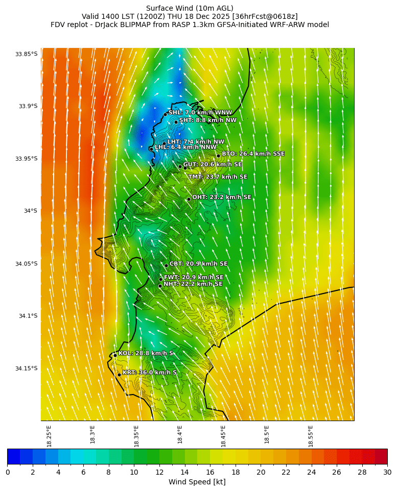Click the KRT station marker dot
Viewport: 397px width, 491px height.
coord(119,375)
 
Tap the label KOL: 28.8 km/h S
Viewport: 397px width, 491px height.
coord(146,353)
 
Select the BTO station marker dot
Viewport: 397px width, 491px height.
coord(218,156)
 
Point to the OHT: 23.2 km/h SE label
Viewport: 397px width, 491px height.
coord(222,197)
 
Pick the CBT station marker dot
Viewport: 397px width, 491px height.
coord(166,265)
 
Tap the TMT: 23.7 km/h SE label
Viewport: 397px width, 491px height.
coord(218,177)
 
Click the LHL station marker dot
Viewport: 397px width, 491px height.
coord(151,149)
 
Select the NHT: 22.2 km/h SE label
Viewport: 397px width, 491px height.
coord(193,284)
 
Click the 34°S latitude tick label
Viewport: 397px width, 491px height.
coord(30,211)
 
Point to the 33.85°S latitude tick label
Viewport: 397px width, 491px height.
coord(26,54)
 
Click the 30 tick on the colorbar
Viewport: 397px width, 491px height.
coord(387,472)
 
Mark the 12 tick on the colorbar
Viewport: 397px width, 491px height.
coord(159,472)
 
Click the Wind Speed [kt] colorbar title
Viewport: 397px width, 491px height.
coord(197,482)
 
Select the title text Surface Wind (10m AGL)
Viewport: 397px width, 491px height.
coord(190,8)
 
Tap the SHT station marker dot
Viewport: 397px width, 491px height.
coord(176,122)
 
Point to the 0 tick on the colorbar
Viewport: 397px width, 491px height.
coord(8,472)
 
